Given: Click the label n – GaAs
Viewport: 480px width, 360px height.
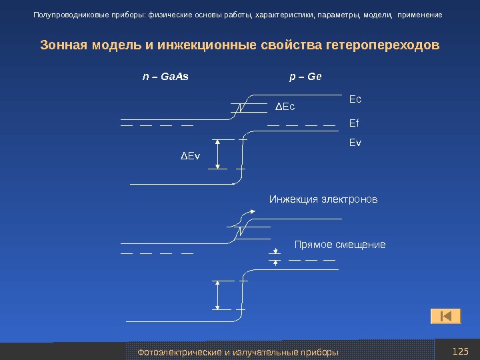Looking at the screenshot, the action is click(165, 76).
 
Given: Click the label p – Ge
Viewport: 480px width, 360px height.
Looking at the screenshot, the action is click(305, 76).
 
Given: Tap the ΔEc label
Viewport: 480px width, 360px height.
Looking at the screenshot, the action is click(285, 106).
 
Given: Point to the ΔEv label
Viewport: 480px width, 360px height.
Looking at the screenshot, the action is click(190, 156).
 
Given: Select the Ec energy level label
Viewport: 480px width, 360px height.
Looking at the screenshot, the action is click(355, 99).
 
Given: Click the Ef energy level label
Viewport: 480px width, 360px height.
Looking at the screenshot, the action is click(354, 123).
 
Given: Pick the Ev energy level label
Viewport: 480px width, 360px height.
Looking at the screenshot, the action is click(355, 142).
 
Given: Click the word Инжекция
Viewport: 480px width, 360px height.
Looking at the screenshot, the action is click(294, 199).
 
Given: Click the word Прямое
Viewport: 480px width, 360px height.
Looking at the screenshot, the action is click(315, 245).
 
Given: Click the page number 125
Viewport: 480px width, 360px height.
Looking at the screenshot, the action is click(460, 351).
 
